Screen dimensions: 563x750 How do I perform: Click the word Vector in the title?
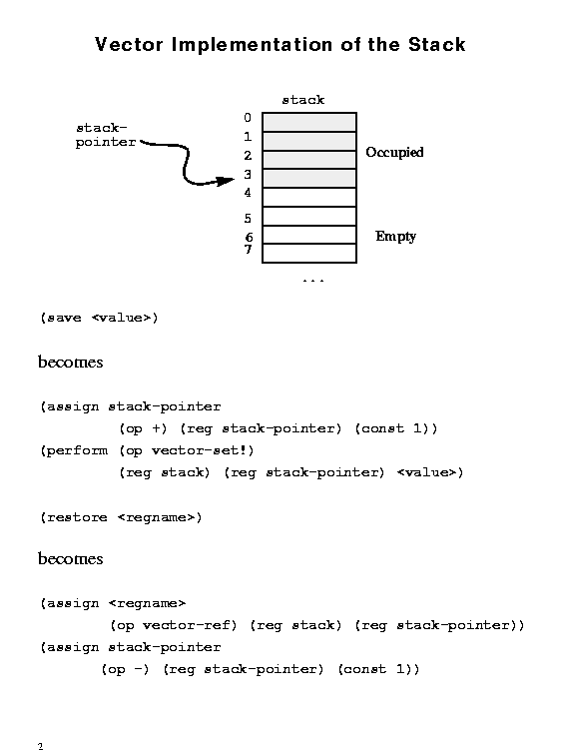129,45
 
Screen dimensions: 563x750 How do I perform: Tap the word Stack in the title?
436,45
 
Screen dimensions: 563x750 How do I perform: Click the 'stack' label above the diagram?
303,100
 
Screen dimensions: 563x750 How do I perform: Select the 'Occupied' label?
394,152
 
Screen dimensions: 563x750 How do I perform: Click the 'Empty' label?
395,237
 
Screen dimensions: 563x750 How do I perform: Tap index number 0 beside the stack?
248,118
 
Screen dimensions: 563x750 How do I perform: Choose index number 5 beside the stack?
248,219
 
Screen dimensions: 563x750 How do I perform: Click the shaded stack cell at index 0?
309,122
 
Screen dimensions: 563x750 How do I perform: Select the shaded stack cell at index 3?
309,178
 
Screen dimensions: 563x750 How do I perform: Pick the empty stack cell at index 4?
309,197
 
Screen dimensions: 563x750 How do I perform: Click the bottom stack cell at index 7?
309,253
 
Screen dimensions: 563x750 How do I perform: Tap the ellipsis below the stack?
313,281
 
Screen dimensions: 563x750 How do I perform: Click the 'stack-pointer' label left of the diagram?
106,135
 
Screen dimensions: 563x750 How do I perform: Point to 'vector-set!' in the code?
203,450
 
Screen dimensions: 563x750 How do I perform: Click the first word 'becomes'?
70,362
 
